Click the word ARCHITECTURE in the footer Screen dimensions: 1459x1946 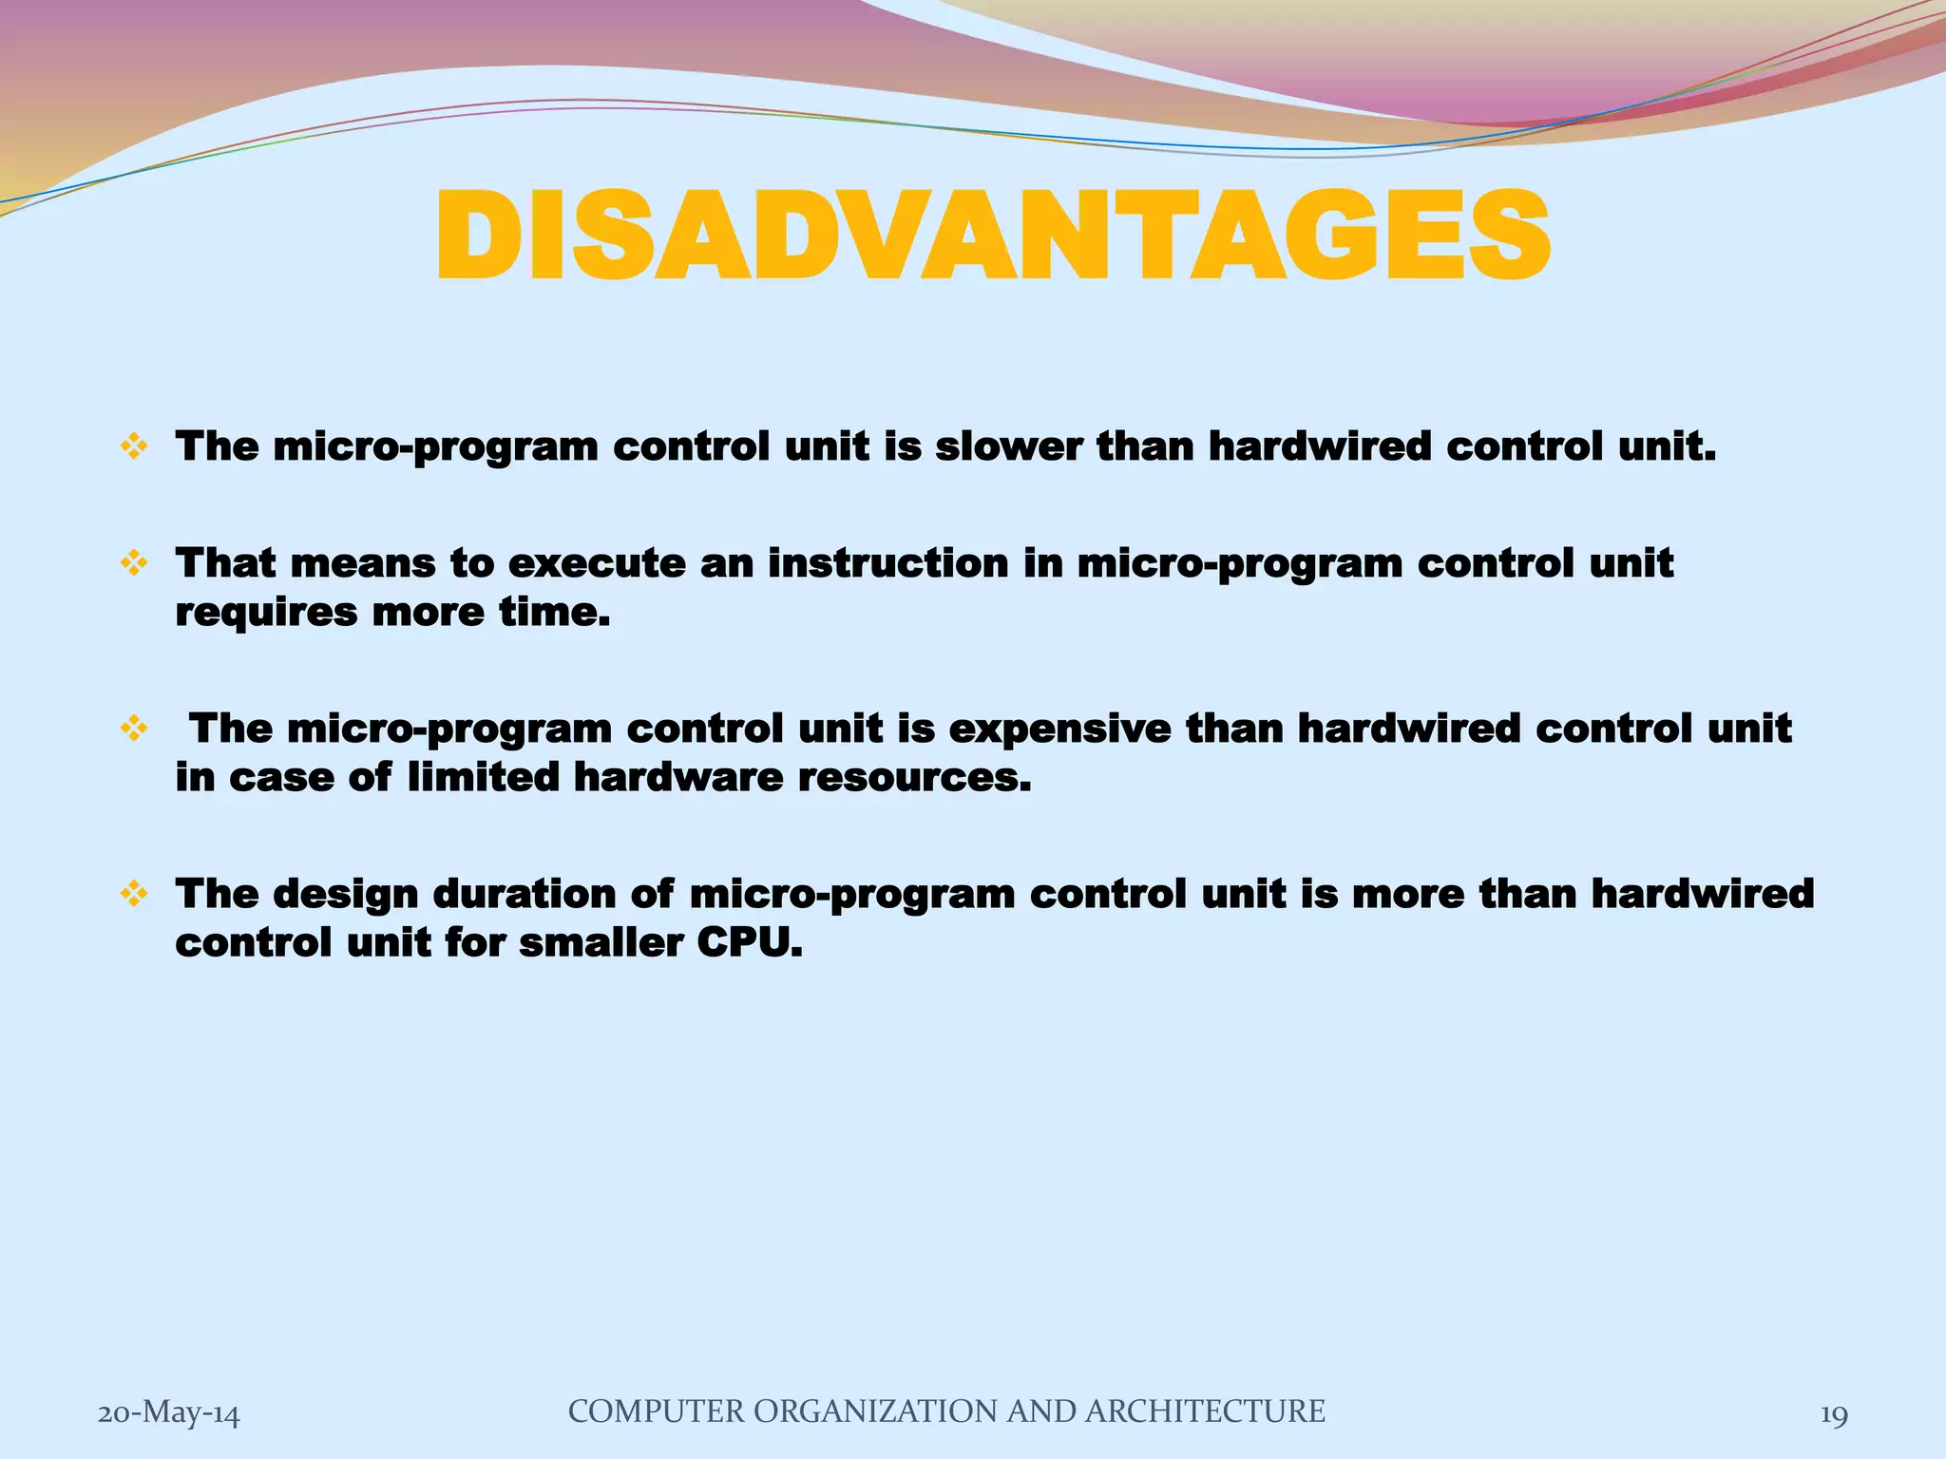(1204, 1412)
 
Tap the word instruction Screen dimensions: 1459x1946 (887, 563)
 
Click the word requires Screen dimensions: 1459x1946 (267, 613)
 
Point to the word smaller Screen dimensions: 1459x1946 (600, 943)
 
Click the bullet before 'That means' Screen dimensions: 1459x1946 (134, 563)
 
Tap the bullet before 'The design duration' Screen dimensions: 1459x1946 (134, 894)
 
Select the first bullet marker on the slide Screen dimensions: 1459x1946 (134, 446)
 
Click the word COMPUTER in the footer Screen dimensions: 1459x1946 (657, 1412)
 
